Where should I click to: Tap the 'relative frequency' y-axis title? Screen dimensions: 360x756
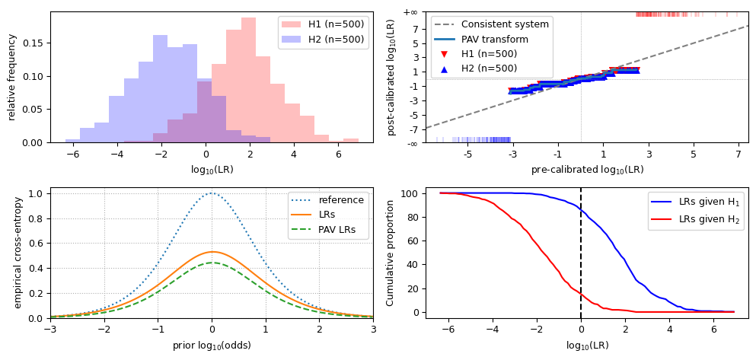tap(12, 77)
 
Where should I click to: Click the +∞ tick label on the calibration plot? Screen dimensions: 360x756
tap(410, 12)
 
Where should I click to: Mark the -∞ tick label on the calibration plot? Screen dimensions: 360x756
tap(410, 142)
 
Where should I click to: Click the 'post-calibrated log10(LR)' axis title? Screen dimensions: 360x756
tap(391, 77)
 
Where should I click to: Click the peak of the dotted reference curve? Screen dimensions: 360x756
tap(212, 193)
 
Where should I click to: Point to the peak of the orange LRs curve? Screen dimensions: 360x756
tap(212, 252)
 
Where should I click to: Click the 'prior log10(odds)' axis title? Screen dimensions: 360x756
tap(212, 345)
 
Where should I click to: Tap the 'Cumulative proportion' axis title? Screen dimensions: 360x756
tap(391, 253)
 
